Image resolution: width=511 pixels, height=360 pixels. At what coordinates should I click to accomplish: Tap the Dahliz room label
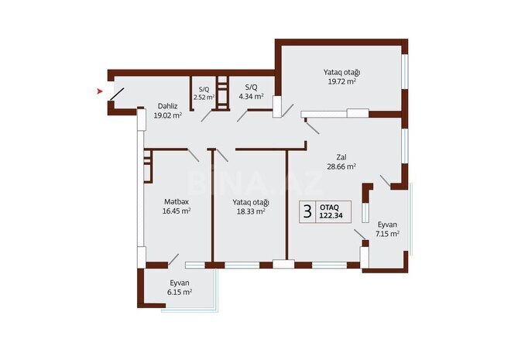168,105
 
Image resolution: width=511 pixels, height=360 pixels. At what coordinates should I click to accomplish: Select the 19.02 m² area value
168,115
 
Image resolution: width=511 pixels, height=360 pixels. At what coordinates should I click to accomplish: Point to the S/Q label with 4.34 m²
251,87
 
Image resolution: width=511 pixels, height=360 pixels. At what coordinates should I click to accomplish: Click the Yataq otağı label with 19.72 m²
341,72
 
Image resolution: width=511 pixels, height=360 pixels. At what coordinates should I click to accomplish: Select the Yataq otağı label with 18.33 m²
250,201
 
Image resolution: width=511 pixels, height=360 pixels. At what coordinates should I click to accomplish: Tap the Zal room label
341,156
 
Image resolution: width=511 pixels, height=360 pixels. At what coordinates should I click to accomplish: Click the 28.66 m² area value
341,166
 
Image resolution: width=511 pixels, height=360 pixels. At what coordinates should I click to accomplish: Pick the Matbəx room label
176,201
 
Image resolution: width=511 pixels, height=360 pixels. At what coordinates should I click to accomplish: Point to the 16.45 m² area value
176,210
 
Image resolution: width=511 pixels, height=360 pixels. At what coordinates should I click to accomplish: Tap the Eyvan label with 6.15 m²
180,283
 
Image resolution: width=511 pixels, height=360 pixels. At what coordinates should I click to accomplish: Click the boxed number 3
307,211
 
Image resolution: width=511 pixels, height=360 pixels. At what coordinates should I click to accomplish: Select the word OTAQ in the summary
330,207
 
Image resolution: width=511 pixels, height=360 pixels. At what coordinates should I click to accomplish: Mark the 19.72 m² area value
341,81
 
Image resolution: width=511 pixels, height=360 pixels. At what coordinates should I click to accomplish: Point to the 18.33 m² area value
250,210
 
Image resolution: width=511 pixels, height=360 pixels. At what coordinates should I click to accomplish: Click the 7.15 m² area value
387,233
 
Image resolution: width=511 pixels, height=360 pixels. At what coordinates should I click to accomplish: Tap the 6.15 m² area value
180,293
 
